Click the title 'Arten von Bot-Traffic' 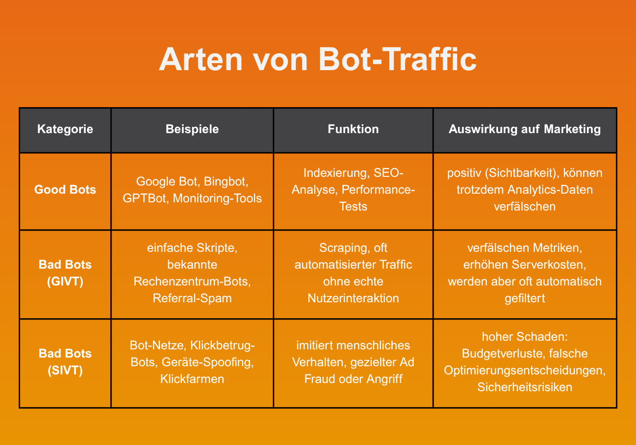click(318, 60)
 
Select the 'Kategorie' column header click(65, 129)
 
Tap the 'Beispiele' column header click(192, 129)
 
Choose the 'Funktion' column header click(353, 129)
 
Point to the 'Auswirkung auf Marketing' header click(524, 129)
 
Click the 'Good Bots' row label click(65, 190)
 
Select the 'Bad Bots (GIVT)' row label click(65, 273)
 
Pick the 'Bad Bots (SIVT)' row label click(65, 362)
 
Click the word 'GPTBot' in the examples click(144, 198)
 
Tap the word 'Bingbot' click(226, 182)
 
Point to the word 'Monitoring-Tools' click(217, 198)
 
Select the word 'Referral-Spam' click(192, 298)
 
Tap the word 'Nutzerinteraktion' click(353, 298)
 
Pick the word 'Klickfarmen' click(192, 379)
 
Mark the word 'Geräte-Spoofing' click(207, 362)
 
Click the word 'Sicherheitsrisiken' click(524, 387)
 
